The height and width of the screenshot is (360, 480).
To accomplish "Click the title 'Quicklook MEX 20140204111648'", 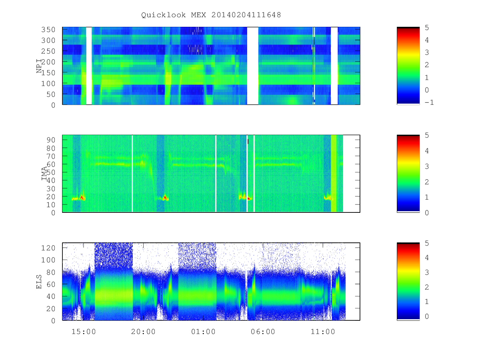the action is click(x=211, y=15).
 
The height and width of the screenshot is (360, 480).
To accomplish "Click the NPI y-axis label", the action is click(x=39, y=66).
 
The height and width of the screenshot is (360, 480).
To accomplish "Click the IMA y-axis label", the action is click(x=44, y=173).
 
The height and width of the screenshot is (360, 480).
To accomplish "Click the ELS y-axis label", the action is click(x=39, y=282).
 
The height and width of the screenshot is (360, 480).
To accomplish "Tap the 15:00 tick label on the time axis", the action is click(x=84, y=332).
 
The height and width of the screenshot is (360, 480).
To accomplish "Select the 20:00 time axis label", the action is click(x=143, y=332).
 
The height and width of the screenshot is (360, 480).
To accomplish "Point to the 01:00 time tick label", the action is click(x=203, y=332).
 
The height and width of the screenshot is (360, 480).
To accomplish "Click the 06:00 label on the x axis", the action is click(x=263, y=332).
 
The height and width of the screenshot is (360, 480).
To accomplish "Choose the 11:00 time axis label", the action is click(x=323, y=332).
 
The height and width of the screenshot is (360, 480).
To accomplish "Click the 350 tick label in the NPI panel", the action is click(x=48, y=30).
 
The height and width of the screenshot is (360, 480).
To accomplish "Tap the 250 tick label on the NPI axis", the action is click(x=48, y=51).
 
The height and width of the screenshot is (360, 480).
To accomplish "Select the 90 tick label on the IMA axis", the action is click(x=51, y=140).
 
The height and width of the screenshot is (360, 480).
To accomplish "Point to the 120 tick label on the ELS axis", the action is click(x=48, y=248).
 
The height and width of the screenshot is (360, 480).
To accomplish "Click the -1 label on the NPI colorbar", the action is click(x=429, y=102).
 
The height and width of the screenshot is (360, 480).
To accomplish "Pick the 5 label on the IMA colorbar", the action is click(x=427, y=135).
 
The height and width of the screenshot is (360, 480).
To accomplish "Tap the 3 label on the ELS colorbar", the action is click(x=427, y=272).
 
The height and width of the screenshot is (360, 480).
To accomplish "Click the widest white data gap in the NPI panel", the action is click(x=252, y=66).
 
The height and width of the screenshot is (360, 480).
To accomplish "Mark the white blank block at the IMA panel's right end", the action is click(x=351, y=174).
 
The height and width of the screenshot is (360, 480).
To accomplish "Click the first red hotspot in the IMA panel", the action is click(x=82, y=197).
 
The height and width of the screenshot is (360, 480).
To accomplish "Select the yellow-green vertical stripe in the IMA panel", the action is click(x=334, y=174).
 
